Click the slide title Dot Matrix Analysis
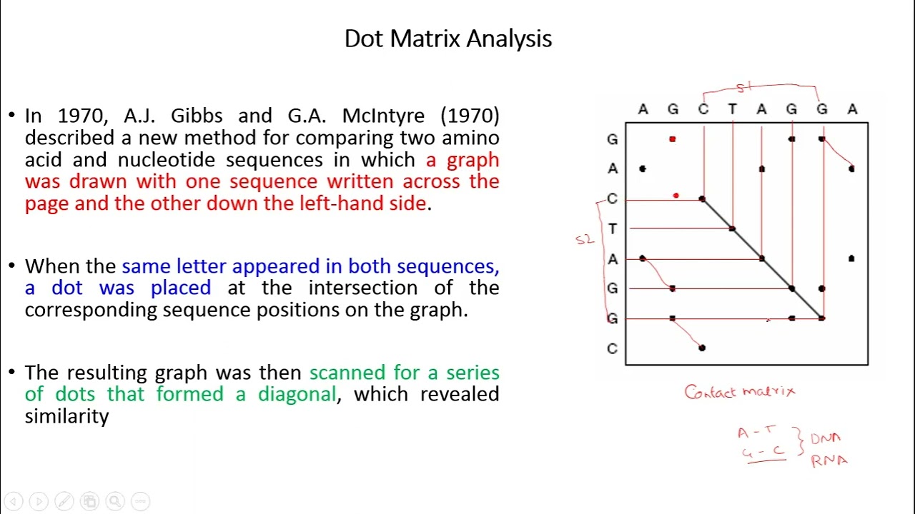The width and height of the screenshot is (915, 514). [447, 39]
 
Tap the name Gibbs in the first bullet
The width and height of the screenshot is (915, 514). [198, 116]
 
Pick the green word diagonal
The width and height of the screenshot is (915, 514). [297, 394]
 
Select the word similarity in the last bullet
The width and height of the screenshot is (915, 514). [66, 416]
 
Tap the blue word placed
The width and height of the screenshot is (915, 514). [180, 288]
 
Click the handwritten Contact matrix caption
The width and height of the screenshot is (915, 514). [739, 392]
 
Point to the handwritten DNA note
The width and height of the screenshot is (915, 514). [826, 438]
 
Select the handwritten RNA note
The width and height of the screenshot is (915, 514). [829, 461]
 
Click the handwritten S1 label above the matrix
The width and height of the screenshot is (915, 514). [744, 87]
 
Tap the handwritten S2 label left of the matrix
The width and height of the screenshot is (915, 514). [584, 240]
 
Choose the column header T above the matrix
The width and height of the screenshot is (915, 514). [732, 109]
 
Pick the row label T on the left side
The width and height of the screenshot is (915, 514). [612, 229]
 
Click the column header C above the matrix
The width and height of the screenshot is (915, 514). [703, 109]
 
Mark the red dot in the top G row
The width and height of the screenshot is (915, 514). [672, 139]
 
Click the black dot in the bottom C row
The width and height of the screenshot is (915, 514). [702, 348]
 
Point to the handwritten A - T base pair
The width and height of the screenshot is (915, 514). [756, 432]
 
